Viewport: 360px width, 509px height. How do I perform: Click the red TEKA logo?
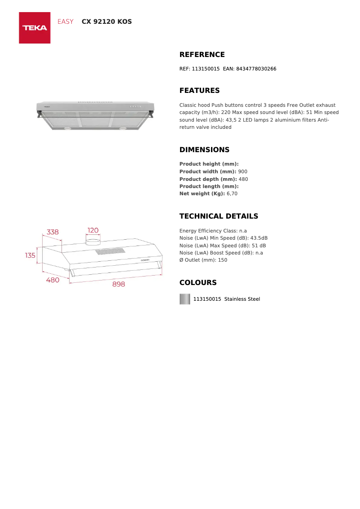point(35,28)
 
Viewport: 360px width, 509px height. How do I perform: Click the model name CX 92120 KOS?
point(107,22)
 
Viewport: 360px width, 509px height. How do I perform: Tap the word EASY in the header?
point(66,22)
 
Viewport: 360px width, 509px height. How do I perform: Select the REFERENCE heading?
point(202,55)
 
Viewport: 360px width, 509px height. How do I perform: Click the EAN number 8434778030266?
point(256,69)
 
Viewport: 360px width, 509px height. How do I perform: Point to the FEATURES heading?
point(199,91)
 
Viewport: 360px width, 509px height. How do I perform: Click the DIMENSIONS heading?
point(204,150)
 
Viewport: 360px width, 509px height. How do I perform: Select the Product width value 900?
point(242,171)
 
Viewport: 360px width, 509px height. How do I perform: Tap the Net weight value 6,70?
point(232,193)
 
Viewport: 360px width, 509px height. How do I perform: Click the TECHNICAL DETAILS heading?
point(219,216)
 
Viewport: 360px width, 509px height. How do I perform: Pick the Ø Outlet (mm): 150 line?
point(203,260)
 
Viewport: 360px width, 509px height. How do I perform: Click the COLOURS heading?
point(198,283)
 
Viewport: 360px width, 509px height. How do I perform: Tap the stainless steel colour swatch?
point(185,299)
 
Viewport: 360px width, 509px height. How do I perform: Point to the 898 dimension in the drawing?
point(119,284)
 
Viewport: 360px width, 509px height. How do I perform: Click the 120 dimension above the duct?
point(93,230)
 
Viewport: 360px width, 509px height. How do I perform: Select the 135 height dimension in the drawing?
point(30,255)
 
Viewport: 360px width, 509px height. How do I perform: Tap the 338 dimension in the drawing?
point(53,232)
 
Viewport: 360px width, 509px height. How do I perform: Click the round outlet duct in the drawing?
point(93,241)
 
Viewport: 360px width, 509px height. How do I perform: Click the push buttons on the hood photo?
point(136,106)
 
